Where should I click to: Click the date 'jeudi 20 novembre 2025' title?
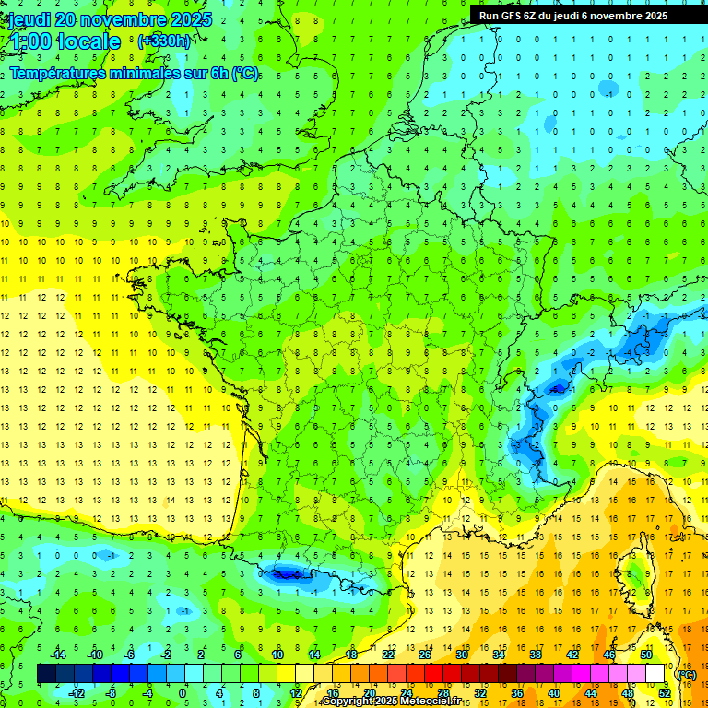[110, 19]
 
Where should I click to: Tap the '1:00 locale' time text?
[65, 41]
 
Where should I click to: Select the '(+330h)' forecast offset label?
[164, 41]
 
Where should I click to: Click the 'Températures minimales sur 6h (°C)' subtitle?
[135, 74]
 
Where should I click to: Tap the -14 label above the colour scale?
[58, 655]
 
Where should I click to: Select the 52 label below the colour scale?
[665, 692]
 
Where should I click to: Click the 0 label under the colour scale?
[183, 692]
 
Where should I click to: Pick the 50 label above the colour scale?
[646, 655]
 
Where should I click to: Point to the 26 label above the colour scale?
[425, 655]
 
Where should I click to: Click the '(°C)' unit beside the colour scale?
[686, 675]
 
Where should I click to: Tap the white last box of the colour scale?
[655, 674]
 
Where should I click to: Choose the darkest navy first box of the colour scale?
[46, 674]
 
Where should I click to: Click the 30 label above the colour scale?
[462, 655]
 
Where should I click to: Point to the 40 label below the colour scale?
[554, 692]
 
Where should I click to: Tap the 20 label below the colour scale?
[369, 692]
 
